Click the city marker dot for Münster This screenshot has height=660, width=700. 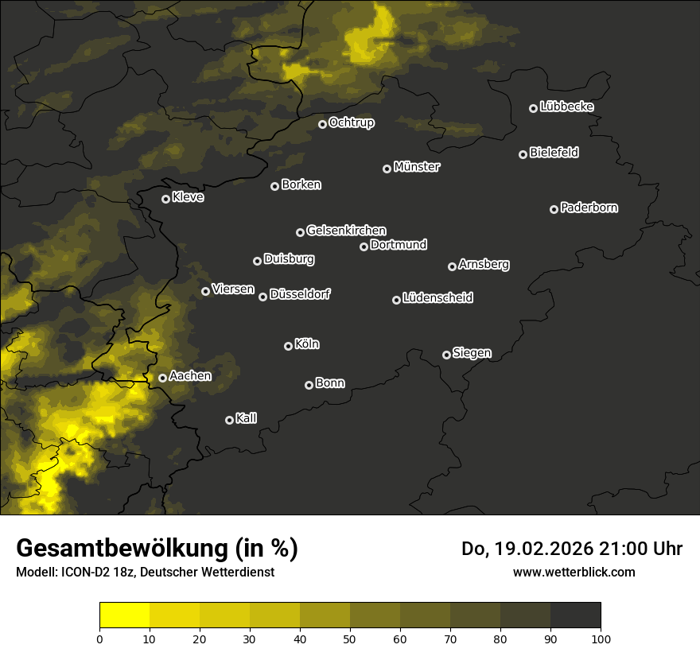click(387, 169)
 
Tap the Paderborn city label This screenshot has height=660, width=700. click(589, 208)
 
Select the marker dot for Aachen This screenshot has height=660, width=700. click(163, 378)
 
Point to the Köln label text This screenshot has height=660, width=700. click(307, 344)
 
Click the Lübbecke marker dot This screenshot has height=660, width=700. click(534, 108)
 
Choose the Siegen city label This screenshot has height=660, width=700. click(472, 353)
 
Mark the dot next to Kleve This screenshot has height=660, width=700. click(166, 199)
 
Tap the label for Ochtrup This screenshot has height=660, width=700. click(351, 122)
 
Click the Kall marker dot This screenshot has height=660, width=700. click(230, 420)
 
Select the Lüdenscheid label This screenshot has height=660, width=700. click(437, 297)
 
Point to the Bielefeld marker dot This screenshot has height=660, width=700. click(523, 154)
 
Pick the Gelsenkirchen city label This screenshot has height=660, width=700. click(346, 231)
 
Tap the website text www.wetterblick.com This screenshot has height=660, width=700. click(574, 572)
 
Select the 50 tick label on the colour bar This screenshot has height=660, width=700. click(350, 639)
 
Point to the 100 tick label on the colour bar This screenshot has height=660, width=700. click(601, 639)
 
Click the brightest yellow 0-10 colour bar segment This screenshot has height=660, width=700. click(125, 615)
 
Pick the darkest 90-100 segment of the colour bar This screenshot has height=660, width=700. click(575, 615)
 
